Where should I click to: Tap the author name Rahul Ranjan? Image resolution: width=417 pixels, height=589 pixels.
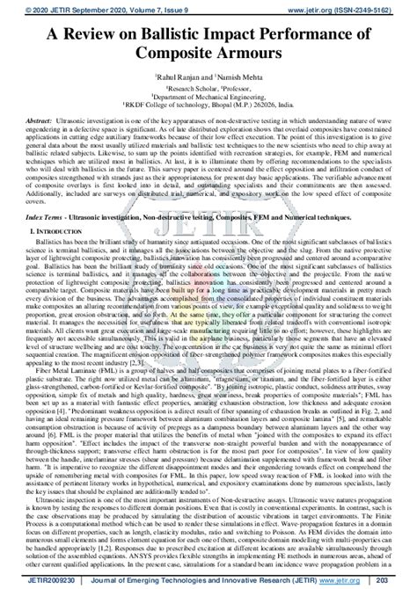(x=180, y=76)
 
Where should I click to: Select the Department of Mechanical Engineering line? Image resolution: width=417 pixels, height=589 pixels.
(x=208, y=98)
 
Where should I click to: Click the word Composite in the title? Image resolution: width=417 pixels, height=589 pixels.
(x=172, y=53)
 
